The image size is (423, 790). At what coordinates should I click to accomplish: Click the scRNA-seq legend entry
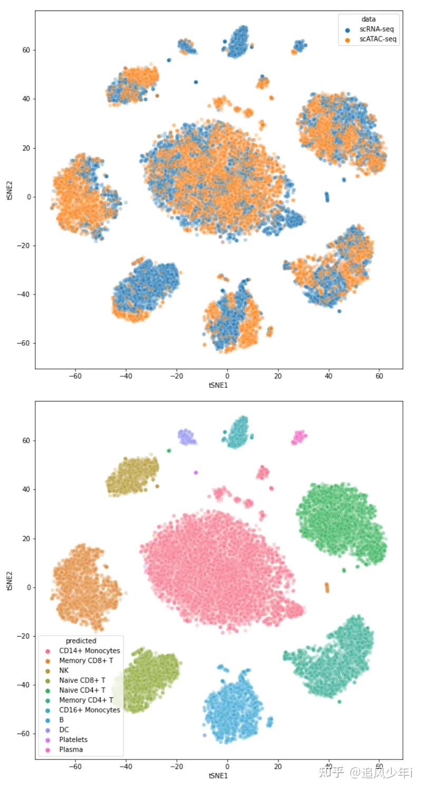tap(372, 30)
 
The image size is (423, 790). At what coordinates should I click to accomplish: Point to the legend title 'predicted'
tap(81, 641)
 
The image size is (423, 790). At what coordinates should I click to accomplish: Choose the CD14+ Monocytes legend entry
tap(89, 651)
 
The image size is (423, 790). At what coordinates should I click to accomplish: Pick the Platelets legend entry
tap(73, 739)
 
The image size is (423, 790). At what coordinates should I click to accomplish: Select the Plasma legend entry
tap(71, 749)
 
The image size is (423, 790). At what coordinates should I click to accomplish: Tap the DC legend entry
tap(64, 729)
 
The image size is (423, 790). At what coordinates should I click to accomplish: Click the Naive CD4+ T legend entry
tap(82, 690)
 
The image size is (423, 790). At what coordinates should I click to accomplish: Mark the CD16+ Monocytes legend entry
tap(89, 710)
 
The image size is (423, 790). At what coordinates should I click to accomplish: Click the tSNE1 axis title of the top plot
tap(218, 386)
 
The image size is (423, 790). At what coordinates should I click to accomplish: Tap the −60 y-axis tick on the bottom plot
tap(24, 734)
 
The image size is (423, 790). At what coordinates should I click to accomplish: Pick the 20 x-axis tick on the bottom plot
tap(277, 766)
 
